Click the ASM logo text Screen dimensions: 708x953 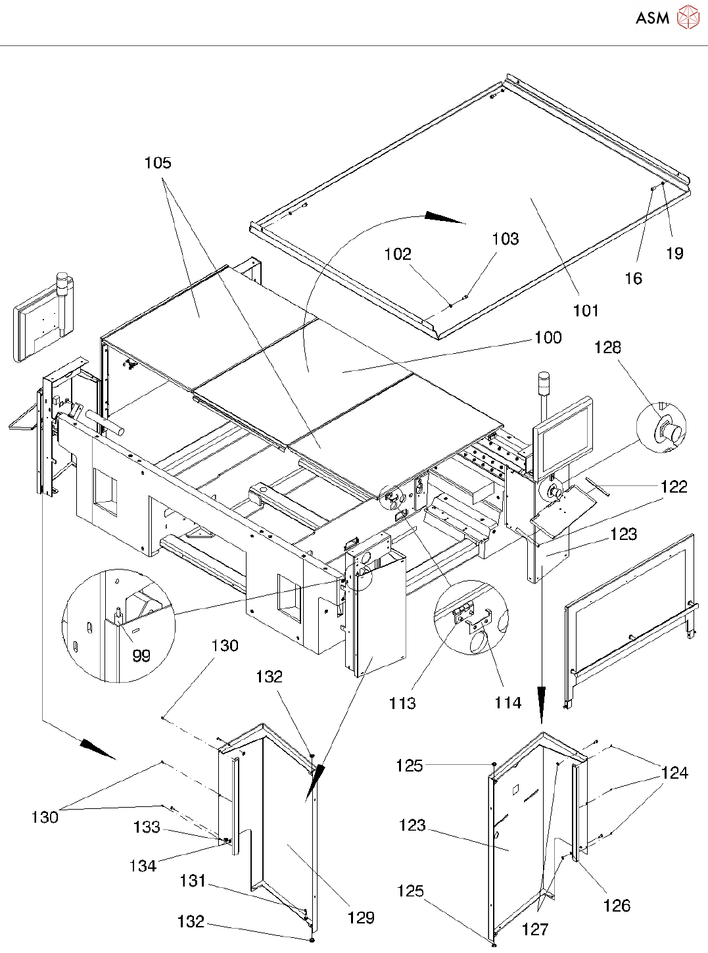(652, 18)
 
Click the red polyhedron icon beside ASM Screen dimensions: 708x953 (688, 17)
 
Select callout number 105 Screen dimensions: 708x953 (158, 163)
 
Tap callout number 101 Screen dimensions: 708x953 (586, 310)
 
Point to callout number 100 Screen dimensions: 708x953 (548, 337)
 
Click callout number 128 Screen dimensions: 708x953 (607, 347)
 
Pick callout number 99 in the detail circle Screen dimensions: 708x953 (141, 656)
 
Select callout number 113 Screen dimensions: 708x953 (402, 703)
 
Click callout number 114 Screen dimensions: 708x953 (508, 703)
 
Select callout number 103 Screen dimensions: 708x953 (506, 239)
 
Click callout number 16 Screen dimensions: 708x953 (633, 278)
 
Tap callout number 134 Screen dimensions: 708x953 (143, 866)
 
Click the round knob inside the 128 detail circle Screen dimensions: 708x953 (673, 431)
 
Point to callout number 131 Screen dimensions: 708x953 (193, 881)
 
